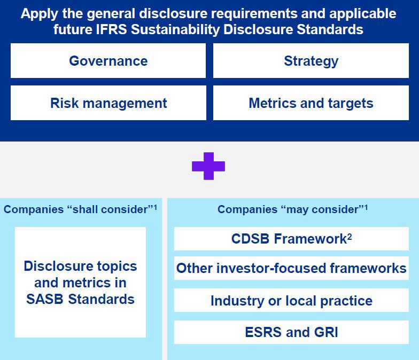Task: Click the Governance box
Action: [108, 61]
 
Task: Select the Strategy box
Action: [311, 61]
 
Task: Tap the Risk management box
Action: [108, 103]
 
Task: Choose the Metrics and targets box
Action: [311, 103]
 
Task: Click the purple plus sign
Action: [208, 166]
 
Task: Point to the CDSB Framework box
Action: [291, 239]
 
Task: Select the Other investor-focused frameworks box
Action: [291, 268]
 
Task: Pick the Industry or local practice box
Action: [291, 300]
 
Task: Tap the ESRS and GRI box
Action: [291, 332]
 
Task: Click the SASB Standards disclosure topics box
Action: [80, 282]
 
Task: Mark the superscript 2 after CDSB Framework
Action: [350, 236]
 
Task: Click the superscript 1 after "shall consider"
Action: [155, 207]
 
